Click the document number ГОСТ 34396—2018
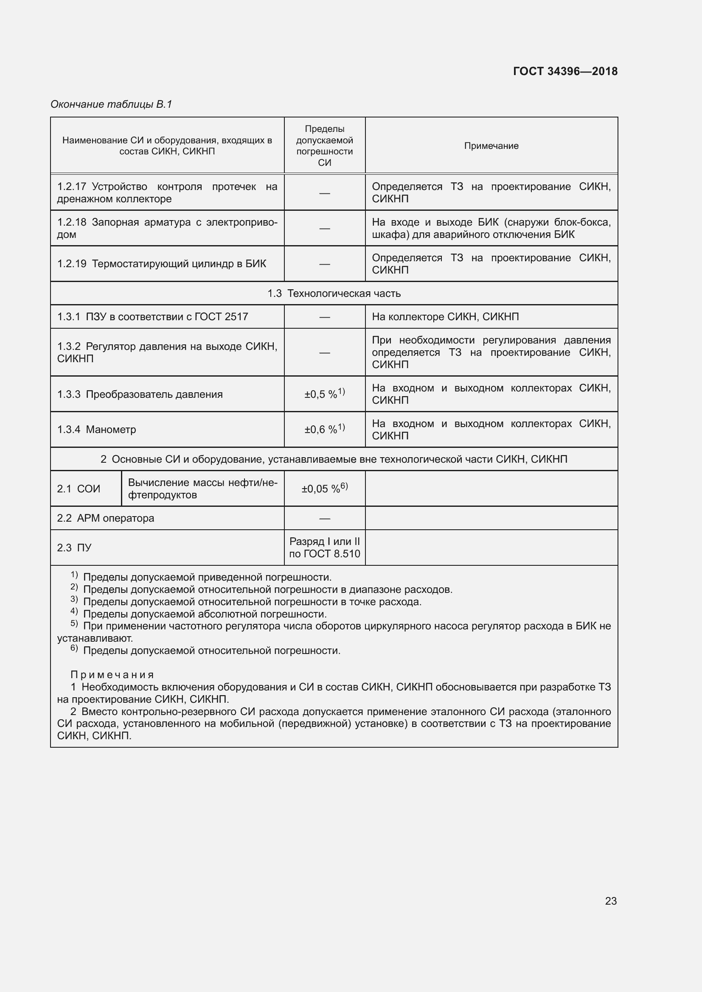(565, 71)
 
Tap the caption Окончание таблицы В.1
(111, 104)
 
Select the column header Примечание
(491, 145)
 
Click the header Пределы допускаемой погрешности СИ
(324, 145)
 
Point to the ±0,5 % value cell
(324, 394)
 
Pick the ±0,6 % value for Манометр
(324, 429)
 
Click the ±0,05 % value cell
(324, 488)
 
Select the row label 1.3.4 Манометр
(96, 430)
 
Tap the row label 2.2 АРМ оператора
(106, 518)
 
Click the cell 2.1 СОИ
(79, 489)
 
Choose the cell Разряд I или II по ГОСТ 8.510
(324, 548)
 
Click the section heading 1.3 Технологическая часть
(334, 293)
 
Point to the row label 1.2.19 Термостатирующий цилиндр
(162, 263)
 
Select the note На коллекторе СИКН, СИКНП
(445, 317)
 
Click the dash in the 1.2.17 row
(324, 193)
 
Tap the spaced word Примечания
(112, 674)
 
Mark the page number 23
(610, 901)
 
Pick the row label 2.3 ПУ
(74, 548)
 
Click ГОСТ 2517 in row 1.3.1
(221, 317)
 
